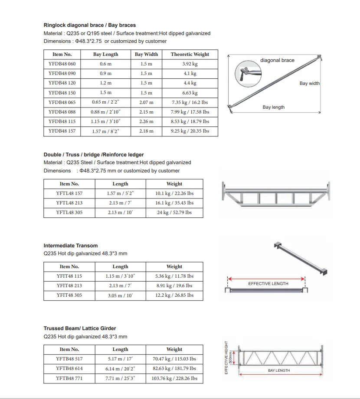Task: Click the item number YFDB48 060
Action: coord(62,64)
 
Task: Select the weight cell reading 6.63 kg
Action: coord(190,93)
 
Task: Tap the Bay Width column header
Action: coord(146,54)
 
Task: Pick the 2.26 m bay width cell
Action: coord(146,121)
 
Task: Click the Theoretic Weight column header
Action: coord(190,54)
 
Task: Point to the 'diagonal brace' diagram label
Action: coord(277,60)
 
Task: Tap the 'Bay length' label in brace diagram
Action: coord(274,107)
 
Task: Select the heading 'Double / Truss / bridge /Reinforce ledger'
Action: coord(94,155)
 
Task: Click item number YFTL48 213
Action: coord(69,203)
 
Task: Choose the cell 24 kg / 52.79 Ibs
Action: coord(174,212)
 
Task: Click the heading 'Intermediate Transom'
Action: coord(71,246)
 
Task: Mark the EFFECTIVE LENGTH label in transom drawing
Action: coord(268,284)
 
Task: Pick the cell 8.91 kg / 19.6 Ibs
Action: coord(174,285)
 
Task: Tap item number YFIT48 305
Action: coord(69,295)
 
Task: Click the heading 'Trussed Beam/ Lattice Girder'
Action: coord(80,328)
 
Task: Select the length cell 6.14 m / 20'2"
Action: coord(120,368)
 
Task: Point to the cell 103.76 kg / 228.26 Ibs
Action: coord(174,378)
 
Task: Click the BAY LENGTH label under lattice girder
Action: coord(279,370)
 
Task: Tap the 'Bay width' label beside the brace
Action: coord(309,84)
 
